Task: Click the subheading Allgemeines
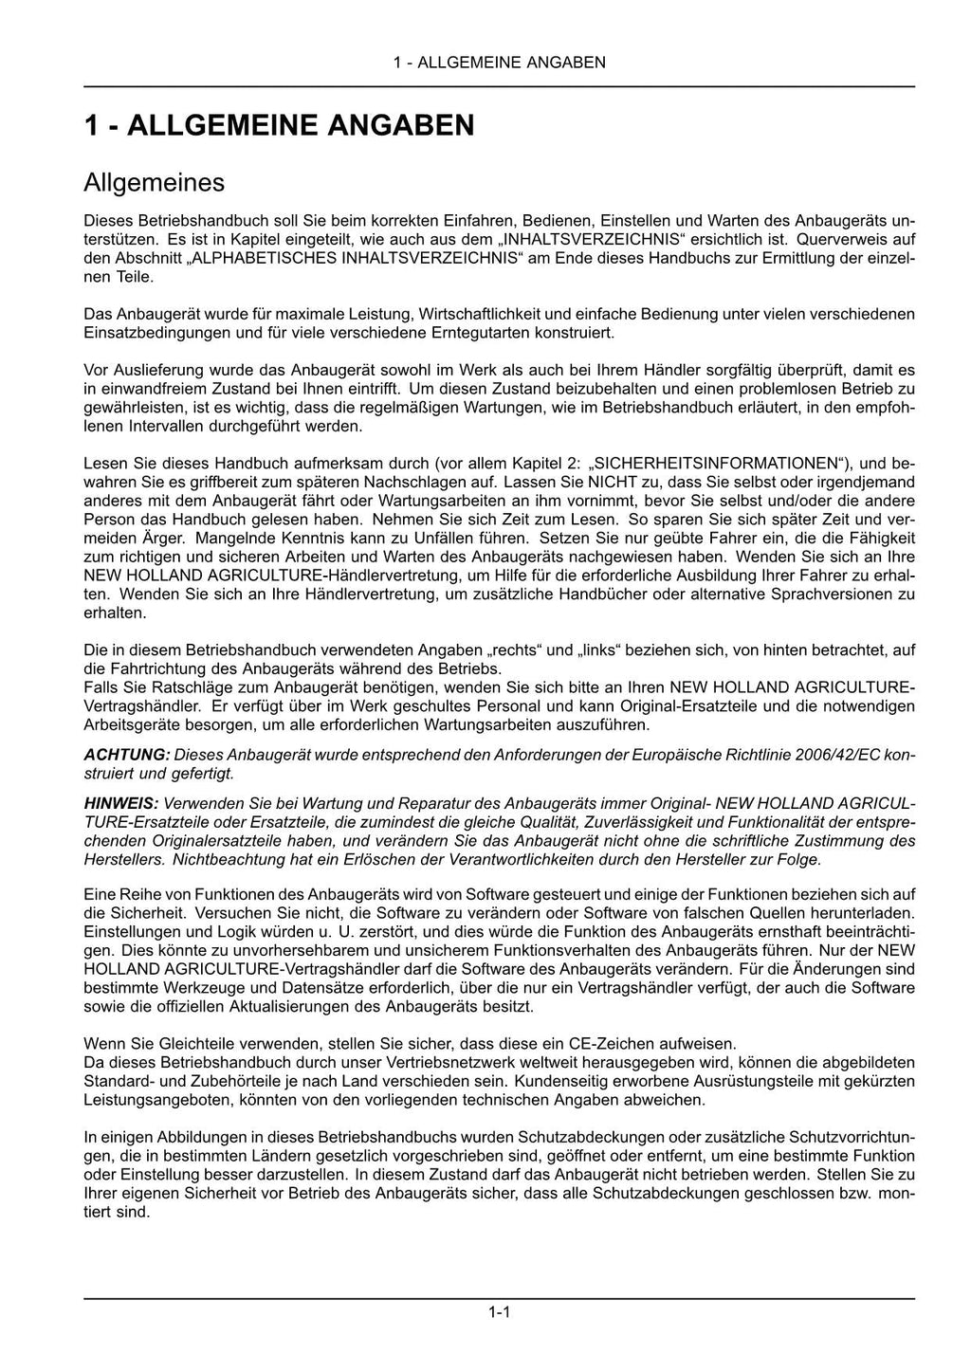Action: coord(154,182)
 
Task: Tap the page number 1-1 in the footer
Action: coord(500,1312)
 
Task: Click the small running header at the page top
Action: coord(499,63)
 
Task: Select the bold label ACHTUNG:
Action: coord(127,755)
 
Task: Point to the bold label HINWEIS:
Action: coord(121,803)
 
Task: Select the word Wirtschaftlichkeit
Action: coord(478,314)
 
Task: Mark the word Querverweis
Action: coord(844,239)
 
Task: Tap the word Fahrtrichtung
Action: coord(148,668)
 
